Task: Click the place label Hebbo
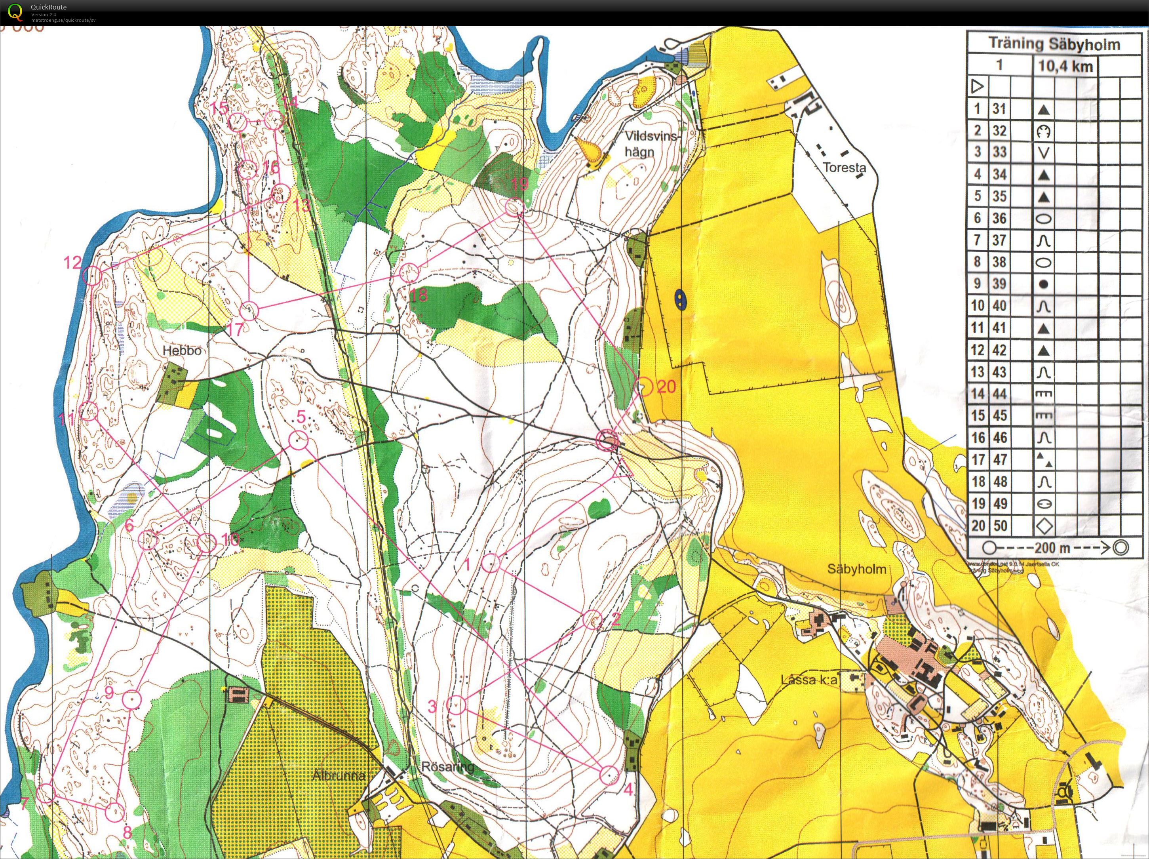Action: [x=182, y=351]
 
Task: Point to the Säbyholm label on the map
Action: [x=856, y=569]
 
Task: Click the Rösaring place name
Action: [x=448, y=766]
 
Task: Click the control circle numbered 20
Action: [x=643, y=387]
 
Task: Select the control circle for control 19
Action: [x=514, y=208]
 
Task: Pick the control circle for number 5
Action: [x=298, y=441]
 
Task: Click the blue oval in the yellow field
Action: [x=679, y=298]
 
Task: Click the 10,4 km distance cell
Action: [x=1065, y=67]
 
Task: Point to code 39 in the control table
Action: [x=999, y=284]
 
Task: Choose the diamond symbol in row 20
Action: [x=1044, y=526]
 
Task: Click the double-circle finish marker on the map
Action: [x=607, y=441]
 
